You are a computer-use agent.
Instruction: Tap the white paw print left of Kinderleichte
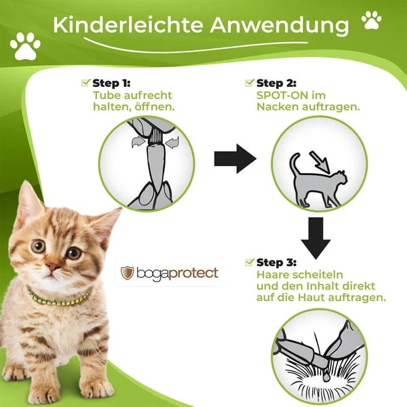coord(25,45)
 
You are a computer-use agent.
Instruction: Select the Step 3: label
coord(276,262)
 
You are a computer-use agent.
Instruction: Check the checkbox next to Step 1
coord(85,83)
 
